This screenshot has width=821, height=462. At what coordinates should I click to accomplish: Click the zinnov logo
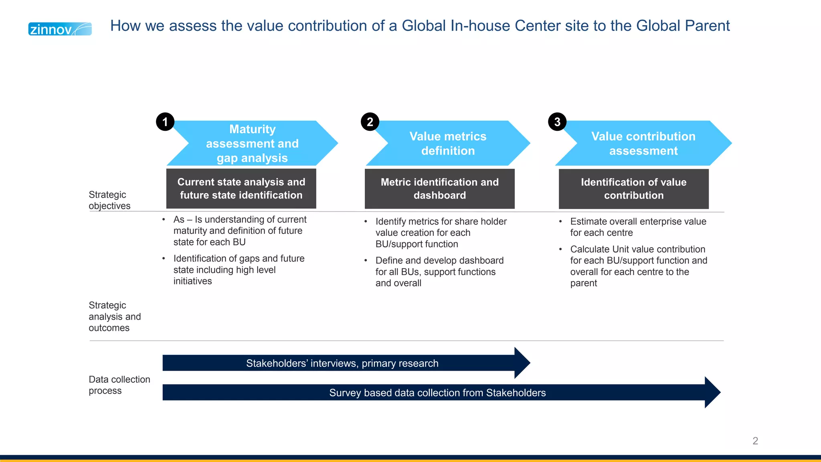point(60,29)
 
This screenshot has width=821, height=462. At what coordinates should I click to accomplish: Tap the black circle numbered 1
point(165,122)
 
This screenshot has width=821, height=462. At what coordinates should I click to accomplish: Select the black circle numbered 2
point(370,122)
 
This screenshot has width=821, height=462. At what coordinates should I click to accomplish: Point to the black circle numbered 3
point(557,122)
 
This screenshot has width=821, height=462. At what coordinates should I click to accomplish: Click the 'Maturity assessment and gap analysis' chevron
point(253,144)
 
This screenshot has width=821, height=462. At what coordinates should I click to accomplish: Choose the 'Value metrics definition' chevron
point(448,144)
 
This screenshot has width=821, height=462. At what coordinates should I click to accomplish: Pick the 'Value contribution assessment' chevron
point(643,144)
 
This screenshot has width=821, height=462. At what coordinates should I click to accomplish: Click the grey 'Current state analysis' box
point(241,188)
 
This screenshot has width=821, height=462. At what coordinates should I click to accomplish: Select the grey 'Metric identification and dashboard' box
point(439,188)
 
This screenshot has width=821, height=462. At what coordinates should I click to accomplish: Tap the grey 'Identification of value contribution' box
point(633,188)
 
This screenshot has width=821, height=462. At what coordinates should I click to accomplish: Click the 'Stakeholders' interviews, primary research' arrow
point(342,363)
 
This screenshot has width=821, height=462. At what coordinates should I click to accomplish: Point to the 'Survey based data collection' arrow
point(437,393)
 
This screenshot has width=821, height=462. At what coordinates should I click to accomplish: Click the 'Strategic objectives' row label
point(109,200)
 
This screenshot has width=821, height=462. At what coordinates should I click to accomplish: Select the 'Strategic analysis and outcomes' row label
point(115,316)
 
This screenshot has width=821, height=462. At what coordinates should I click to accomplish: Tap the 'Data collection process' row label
point(119,385)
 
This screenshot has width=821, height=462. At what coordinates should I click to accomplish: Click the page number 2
point(755,441)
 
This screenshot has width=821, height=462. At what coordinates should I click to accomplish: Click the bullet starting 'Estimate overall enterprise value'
point(638,227)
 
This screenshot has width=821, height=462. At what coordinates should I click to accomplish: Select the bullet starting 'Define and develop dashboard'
point(439,272)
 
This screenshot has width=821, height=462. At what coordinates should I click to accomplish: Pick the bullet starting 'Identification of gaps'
point(239,269)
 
